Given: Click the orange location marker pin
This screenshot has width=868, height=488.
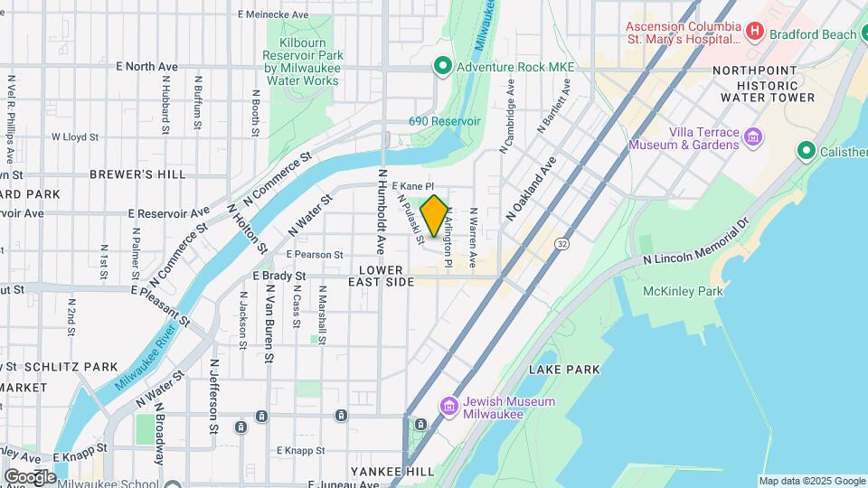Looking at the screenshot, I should click(434, 216).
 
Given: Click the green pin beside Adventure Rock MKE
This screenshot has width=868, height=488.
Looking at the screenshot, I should click(442, 66).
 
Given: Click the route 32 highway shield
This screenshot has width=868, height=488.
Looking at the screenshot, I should click(563, 244).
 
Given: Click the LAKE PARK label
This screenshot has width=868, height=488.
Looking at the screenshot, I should click(564, 370).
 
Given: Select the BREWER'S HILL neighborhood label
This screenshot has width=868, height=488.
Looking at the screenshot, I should click(137, 174).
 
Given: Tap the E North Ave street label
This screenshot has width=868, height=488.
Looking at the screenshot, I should click(147, 67).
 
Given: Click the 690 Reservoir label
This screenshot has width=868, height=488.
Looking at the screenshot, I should click(445, 121).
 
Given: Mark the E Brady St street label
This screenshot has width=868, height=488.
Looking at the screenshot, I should click(282, 276).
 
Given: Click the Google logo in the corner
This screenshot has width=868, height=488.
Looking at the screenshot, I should click(30, 476).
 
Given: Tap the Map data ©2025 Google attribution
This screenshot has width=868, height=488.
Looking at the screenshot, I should click(811, 481).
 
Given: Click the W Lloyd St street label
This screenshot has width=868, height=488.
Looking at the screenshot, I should click(74, 137).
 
